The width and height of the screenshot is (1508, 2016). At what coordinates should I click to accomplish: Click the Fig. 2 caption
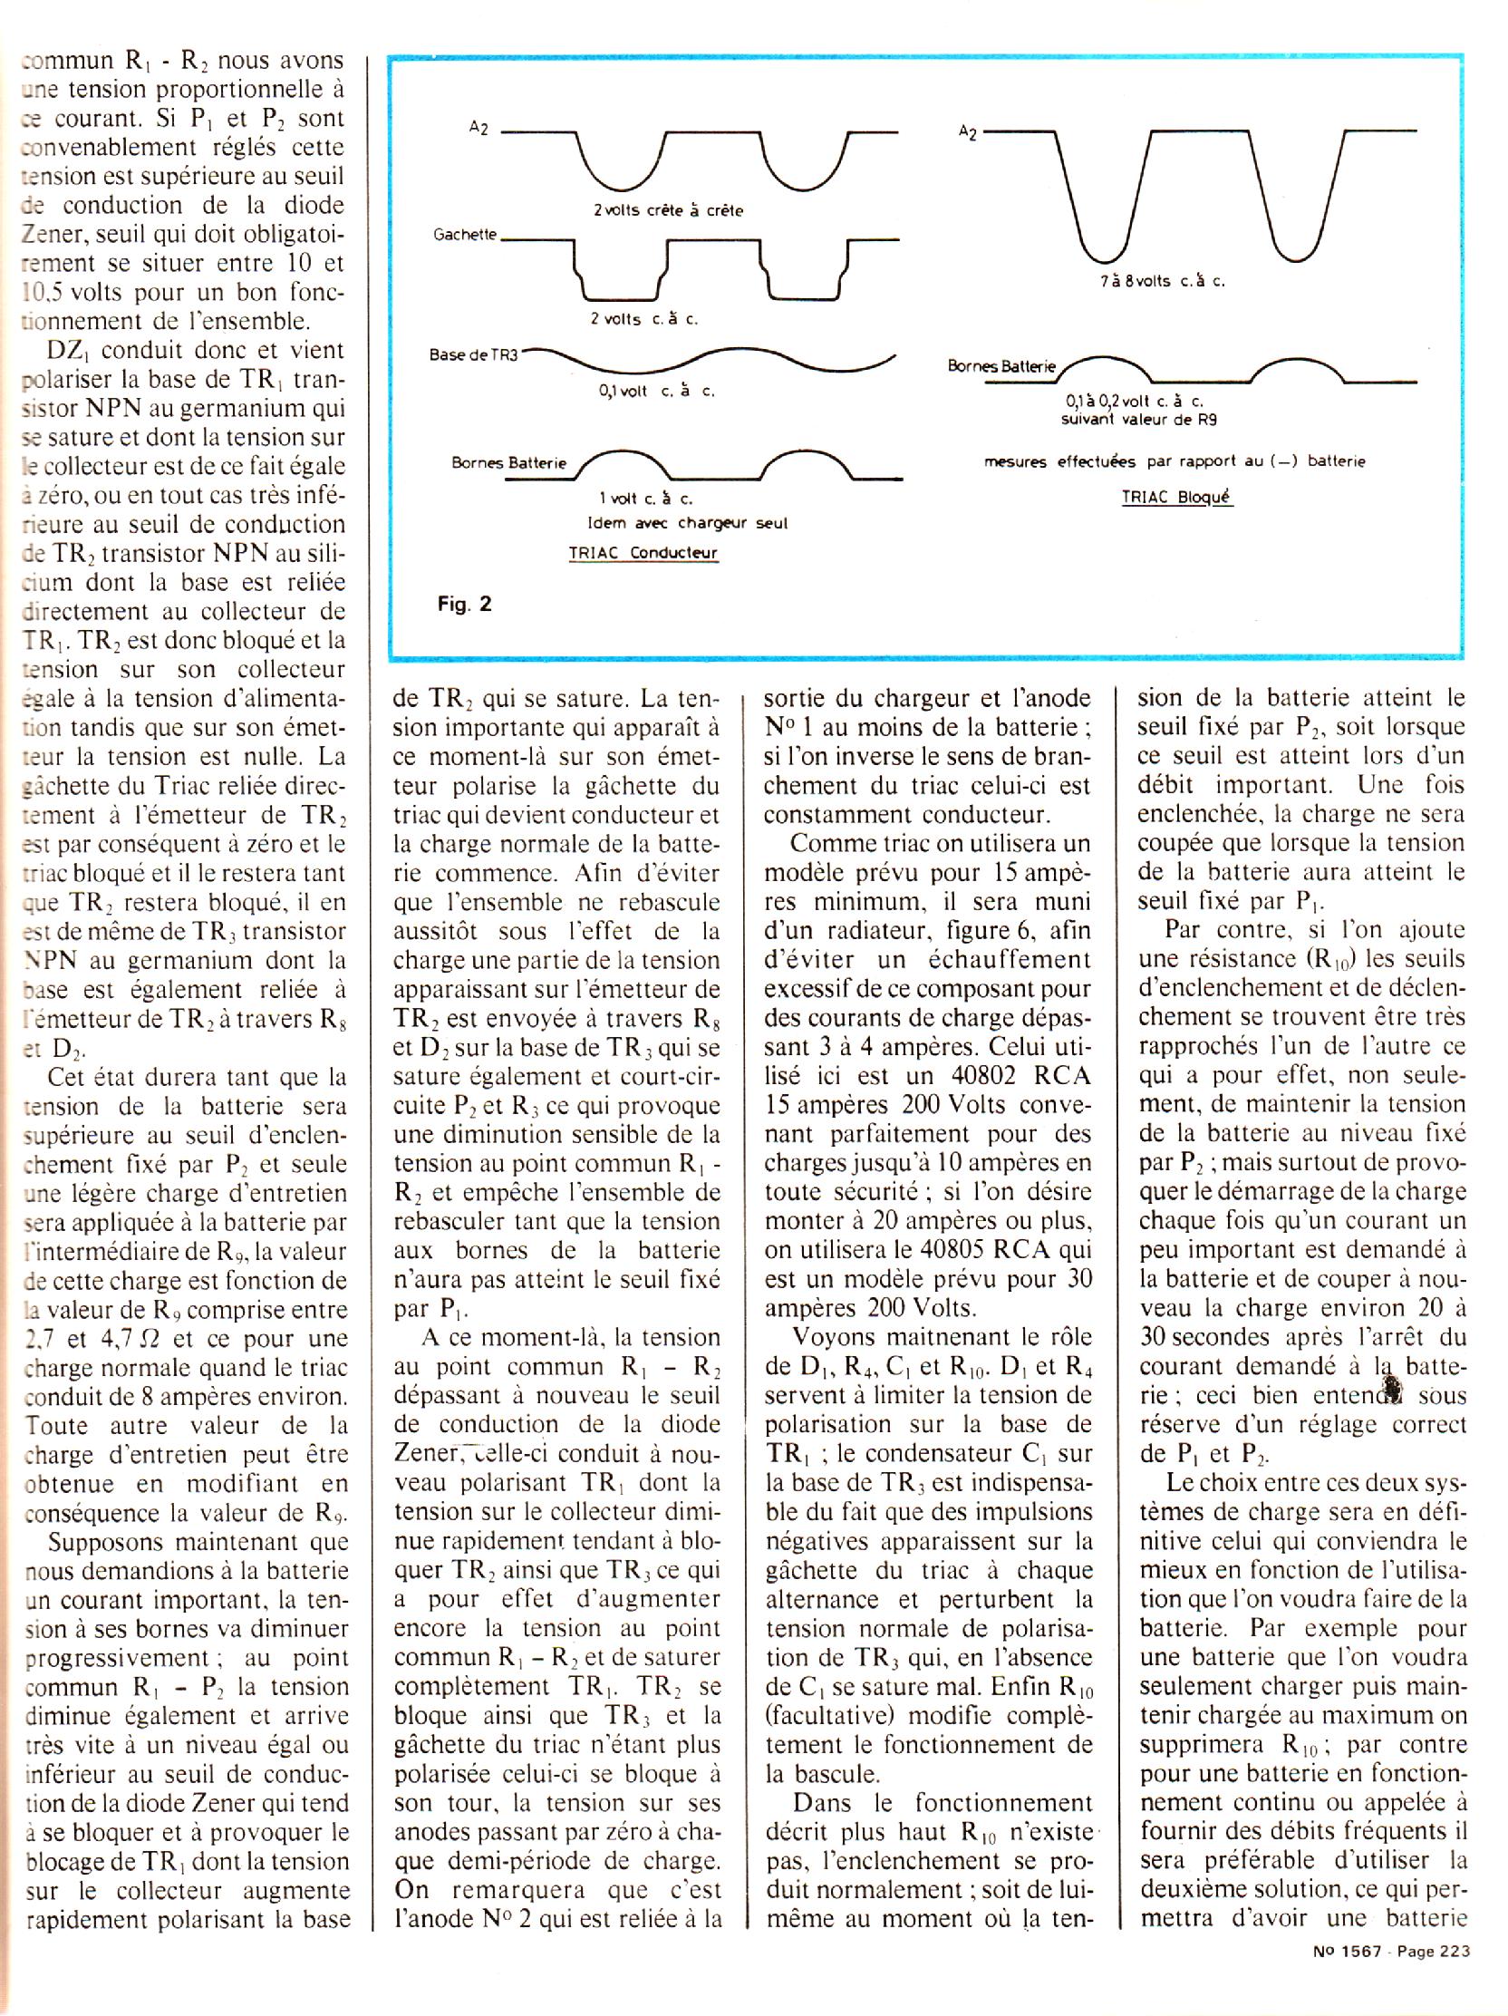point(465,604)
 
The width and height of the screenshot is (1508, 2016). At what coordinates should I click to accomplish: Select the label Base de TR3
point(473,354)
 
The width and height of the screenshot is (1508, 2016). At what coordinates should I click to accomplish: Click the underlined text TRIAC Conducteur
point(637,552)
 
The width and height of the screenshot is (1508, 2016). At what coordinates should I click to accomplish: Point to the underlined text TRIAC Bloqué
point(1177,498)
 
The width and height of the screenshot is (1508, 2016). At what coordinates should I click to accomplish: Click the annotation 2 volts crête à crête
point(668,210)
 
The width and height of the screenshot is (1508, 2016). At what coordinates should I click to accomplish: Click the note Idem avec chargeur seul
point(687,523)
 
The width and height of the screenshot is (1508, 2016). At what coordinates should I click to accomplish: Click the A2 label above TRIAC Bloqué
point(968,133)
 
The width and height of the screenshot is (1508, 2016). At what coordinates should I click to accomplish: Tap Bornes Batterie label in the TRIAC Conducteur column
point(508,462)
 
